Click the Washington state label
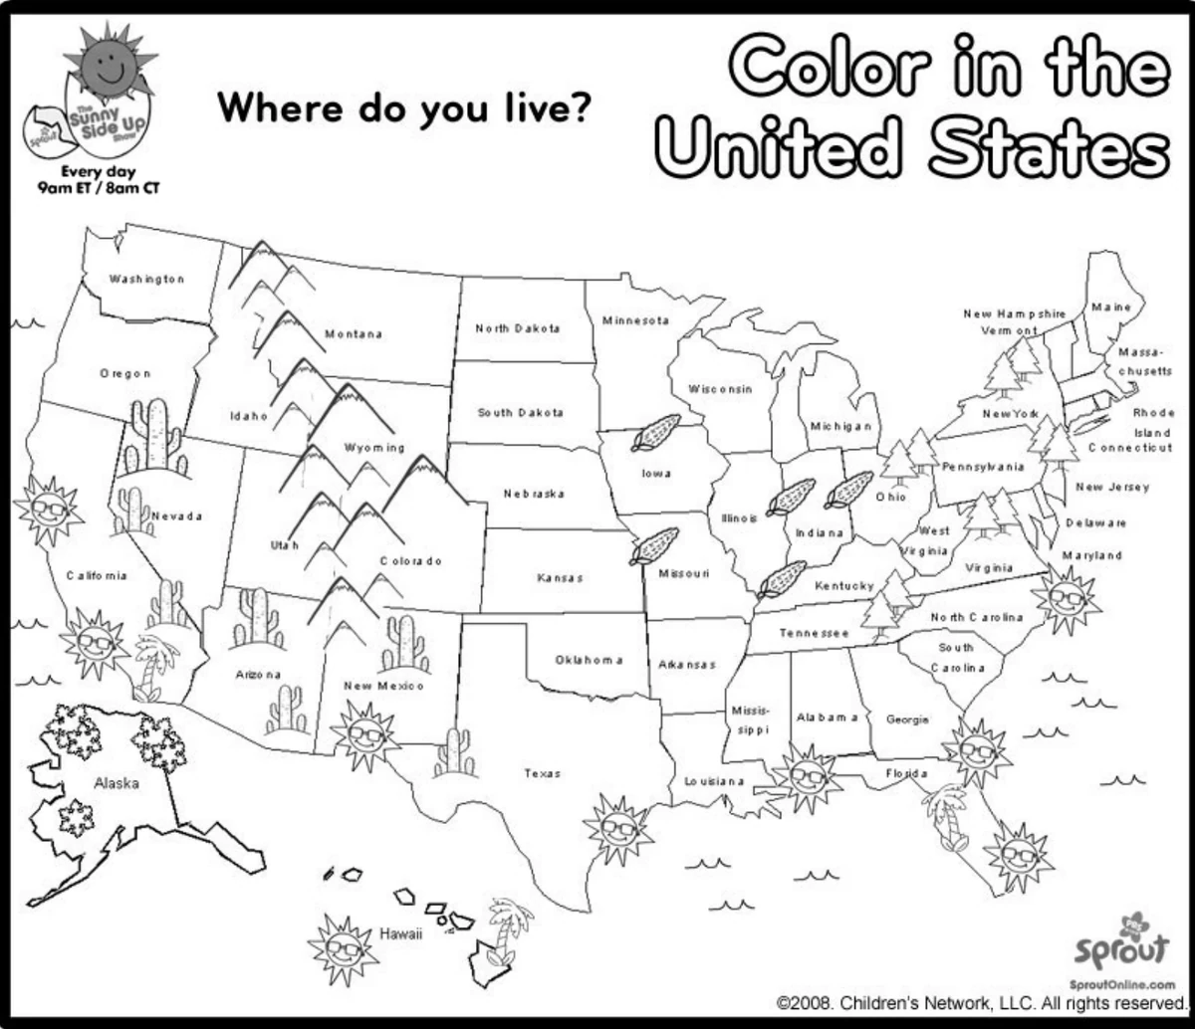pyautogui.click(x=146, y=279)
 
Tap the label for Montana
pyautogui.click(x=354, y=334)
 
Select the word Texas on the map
pyautogui.click(x=543, y=773)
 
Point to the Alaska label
pyautogui.click(x=117, y=783)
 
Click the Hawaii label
pyautogui.click(x=401, y=934)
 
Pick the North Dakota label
pyautogui.click(x=517, y=327)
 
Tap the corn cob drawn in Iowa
pyautogui.click(x=656, y=434)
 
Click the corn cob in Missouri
pyautogui.click(x=654, y=546)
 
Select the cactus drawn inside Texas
pyautogui.click(x=455, y=752)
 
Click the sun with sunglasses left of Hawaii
pyautogui.click(x=344, y=948)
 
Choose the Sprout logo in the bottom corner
pyautogui.click(x=1122, y=946)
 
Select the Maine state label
pyautogui.click(x=1110, y=307)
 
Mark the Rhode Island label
pyautogui.click(x=1152, y=422)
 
